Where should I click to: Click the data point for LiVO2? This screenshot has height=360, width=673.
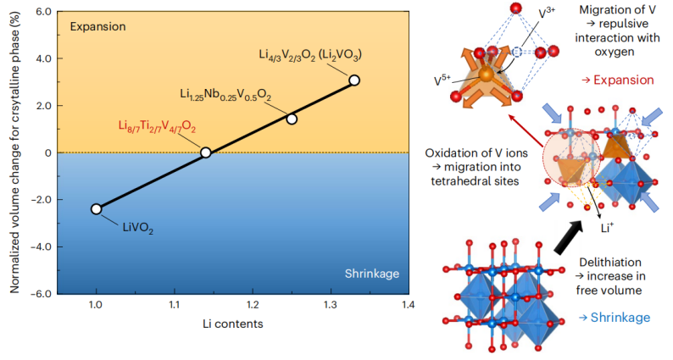[x=96, y=208]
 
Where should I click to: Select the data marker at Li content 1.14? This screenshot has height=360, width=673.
[x=205, y=152]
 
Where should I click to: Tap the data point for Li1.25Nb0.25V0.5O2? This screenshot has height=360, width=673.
[x=292, y=119]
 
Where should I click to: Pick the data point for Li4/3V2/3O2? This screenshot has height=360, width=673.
[x=354, y=80]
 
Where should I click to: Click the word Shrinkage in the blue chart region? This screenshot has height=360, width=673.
[x=371, y=273]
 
